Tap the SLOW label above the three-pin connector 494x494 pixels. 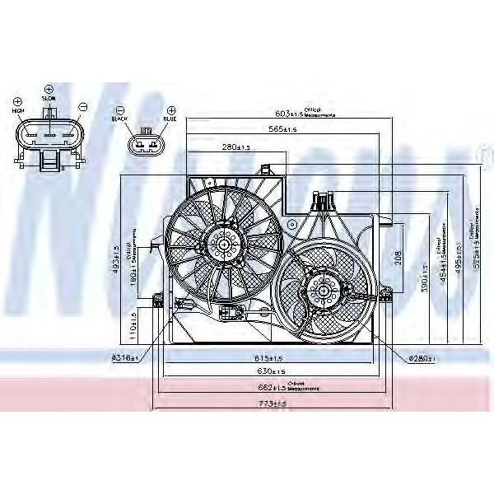(48, 98)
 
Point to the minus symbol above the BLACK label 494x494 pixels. (120, 110)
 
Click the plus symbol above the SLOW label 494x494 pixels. (48, 87)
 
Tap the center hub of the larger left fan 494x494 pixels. (223, 242)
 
